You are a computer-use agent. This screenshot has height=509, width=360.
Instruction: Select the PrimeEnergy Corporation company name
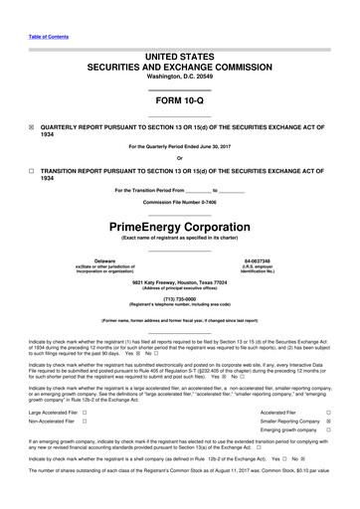pos(179,226)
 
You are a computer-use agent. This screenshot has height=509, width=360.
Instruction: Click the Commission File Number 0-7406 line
pos(179,202)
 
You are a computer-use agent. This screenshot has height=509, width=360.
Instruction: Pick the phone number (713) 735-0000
pos(179,298)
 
